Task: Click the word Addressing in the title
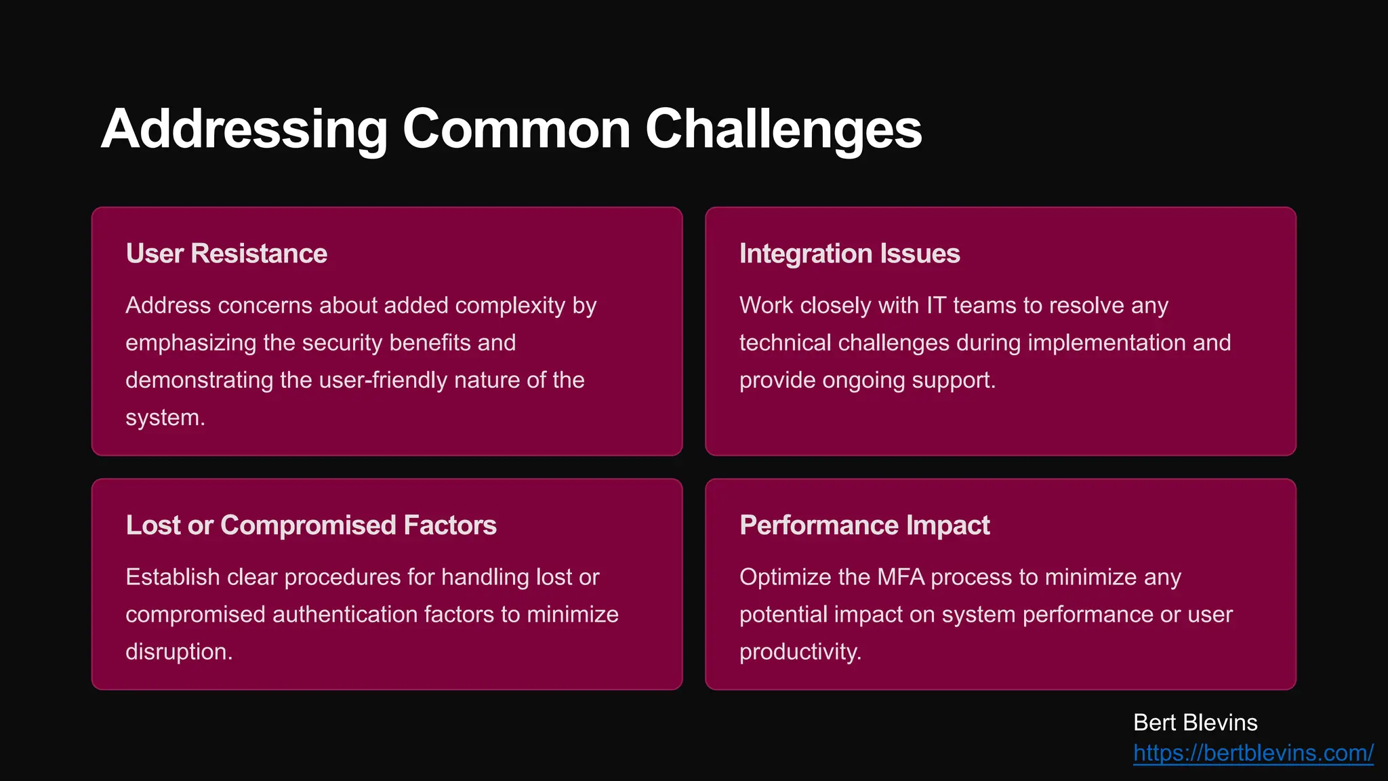(244, 129)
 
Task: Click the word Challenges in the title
(783, 129)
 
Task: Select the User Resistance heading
(226, 254)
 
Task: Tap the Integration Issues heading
(849, 254)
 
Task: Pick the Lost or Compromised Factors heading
(311, 525)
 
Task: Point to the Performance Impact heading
(864, 525)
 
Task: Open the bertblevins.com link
(1253, 753)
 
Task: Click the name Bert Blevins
(1195, 723)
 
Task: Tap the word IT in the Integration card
(935, 305)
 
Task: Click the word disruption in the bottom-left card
(178, 652)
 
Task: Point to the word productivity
(800, 652)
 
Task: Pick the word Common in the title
(516, 129)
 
